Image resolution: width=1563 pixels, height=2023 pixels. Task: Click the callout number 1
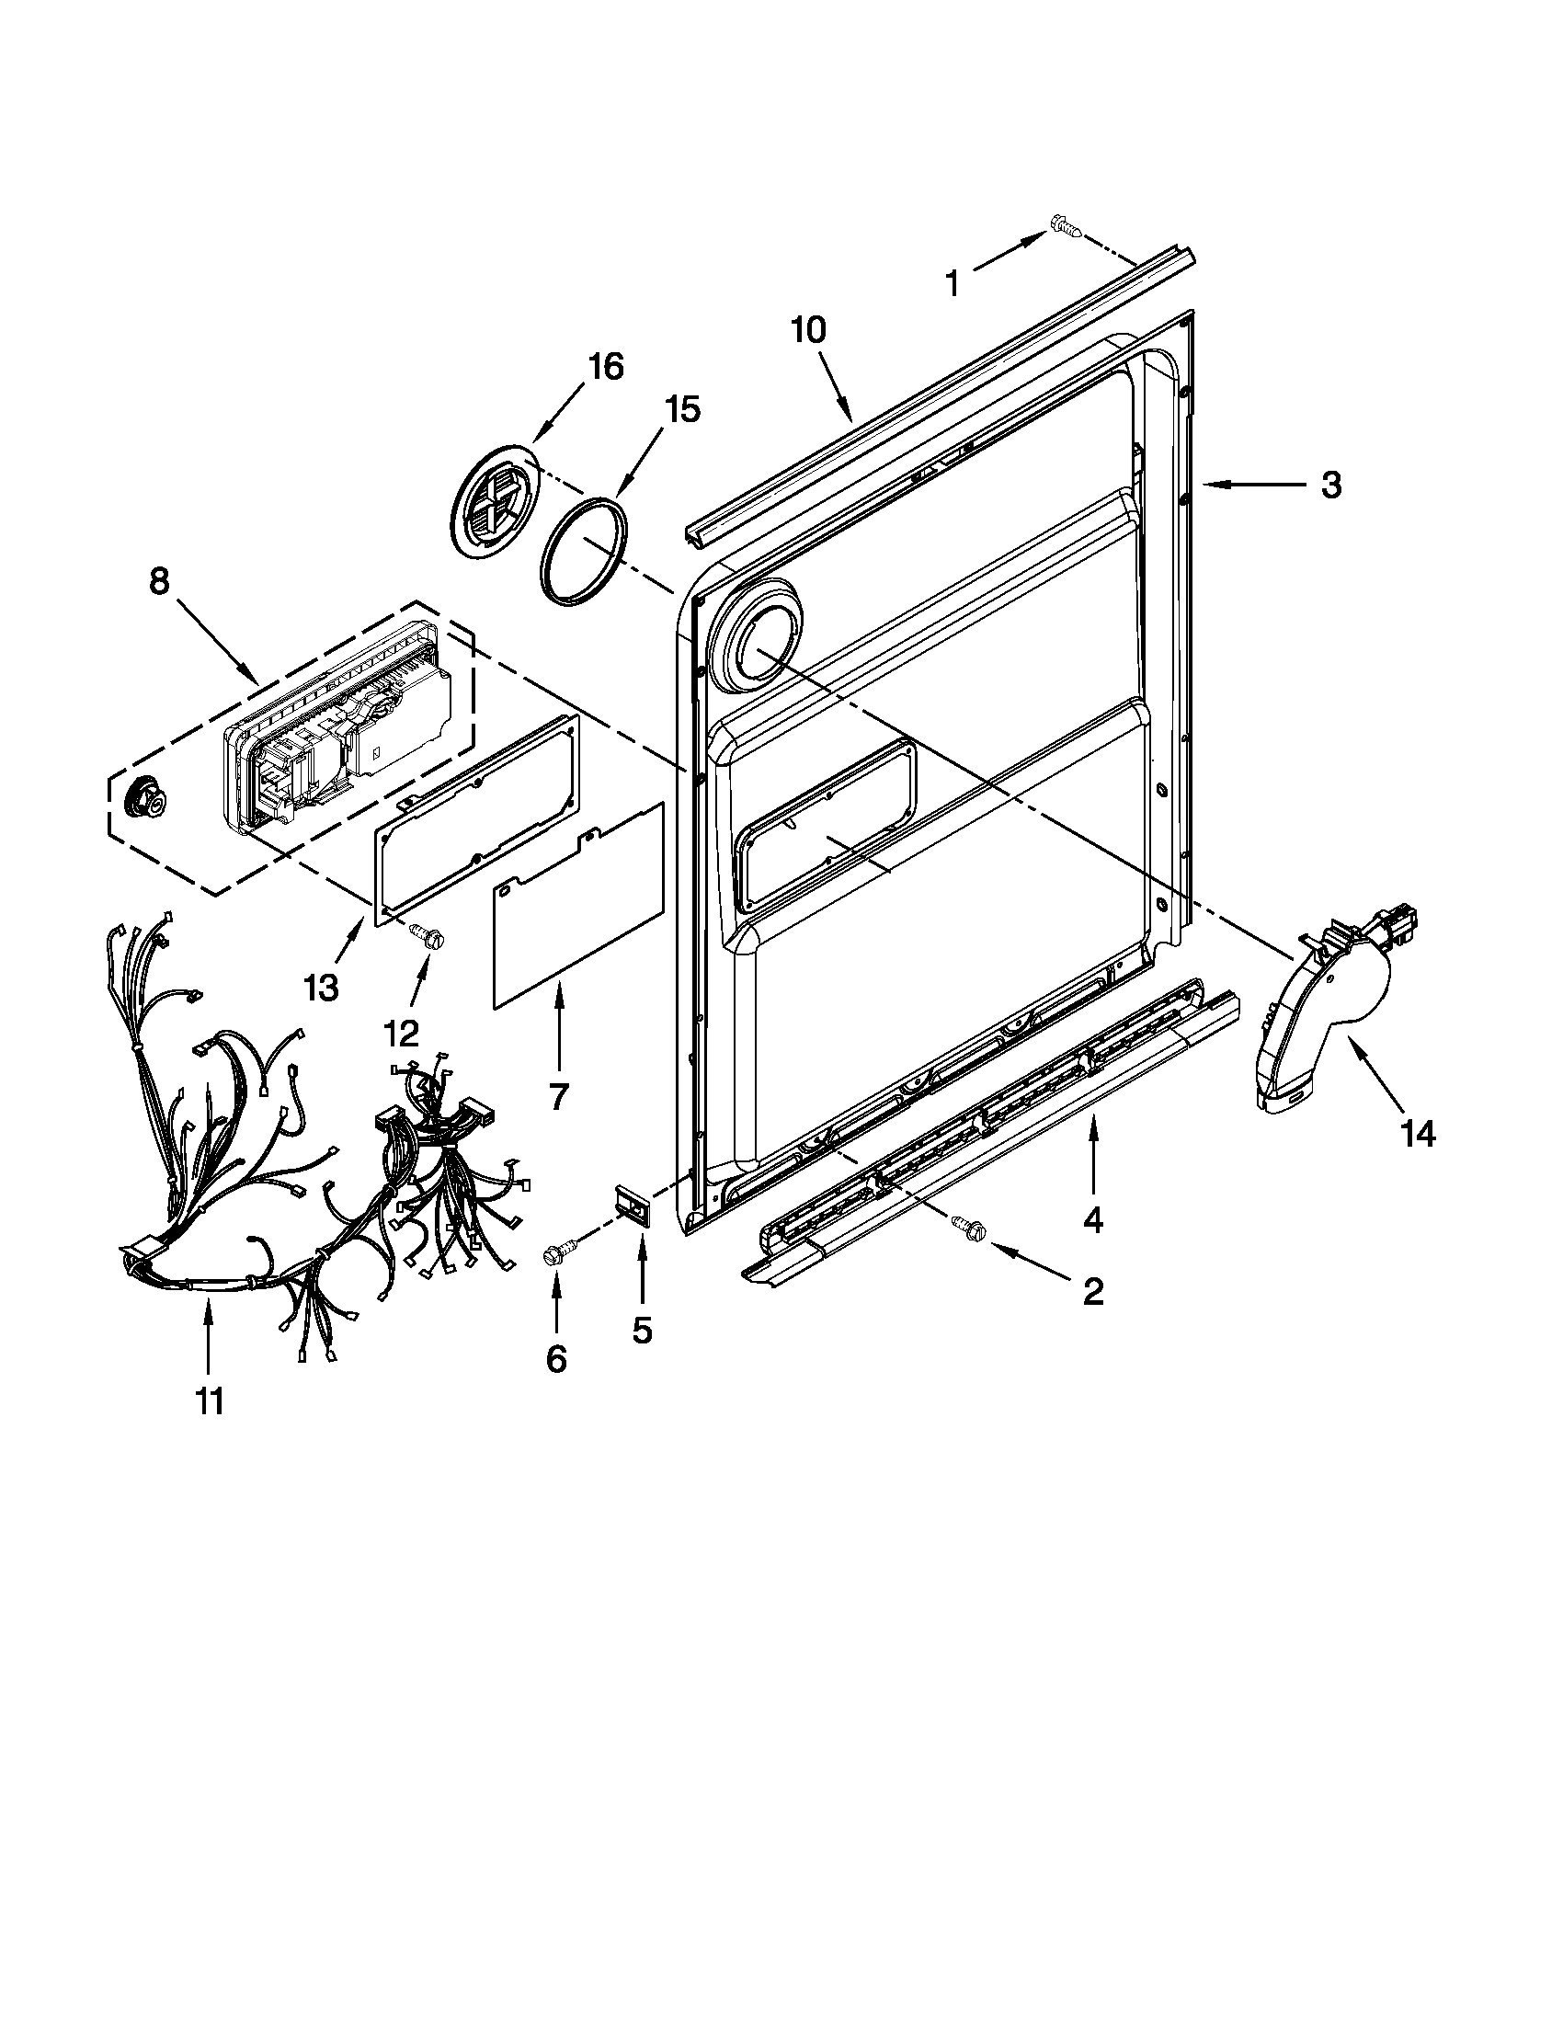point(953,282)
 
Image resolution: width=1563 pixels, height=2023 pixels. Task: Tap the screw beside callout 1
point(1065,224)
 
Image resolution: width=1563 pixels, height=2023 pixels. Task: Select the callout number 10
point(808,331)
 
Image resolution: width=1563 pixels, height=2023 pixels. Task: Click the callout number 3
point(1330,485)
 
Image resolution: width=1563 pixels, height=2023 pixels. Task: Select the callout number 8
point(159,582)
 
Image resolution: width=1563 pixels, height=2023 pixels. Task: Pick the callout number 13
point(321,989)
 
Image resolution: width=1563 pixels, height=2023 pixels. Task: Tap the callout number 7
point(557,1096)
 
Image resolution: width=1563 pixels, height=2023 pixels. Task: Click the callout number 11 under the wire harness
point(210,1401)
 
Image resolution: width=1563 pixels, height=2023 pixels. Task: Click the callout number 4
point(1092,1221)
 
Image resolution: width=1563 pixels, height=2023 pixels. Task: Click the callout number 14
point(1418,1133)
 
